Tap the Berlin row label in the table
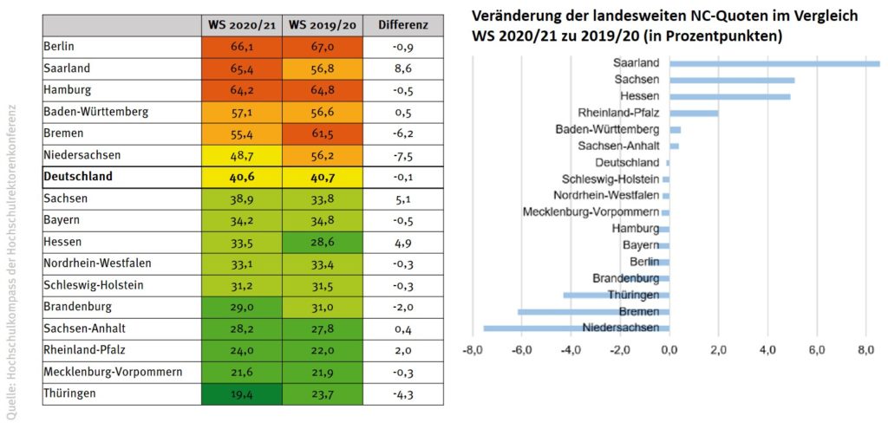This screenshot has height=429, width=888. coord(62,46)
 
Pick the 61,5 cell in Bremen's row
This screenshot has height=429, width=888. coord(322,133)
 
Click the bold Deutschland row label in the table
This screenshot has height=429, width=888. coord(79,176)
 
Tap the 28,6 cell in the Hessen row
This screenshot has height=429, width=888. coord(322,241)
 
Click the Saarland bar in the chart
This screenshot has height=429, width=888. coord(774,63)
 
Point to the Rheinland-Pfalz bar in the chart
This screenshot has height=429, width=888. coord(694,113)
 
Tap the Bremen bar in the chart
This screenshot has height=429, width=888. coord(593,311)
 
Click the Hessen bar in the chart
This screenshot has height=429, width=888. coord(729,96)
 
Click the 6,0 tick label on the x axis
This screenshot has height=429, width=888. coord(816,351)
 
